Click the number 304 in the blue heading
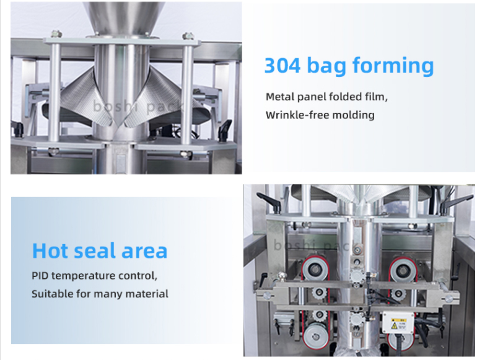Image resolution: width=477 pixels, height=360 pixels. click(x=282, y=65)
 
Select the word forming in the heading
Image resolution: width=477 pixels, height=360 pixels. click(x=393, y=66)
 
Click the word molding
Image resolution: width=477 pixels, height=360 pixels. click(x=353, y=115)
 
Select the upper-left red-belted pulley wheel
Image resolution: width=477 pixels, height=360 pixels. click(x=316, y=269)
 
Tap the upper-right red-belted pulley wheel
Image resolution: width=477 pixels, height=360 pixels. click(x=403, y=269)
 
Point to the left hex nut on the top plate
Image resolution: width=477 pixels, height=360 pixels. click(x=56, y=33)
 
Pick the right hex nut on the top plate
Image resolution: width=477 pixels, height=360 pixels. click(x=188, y=35)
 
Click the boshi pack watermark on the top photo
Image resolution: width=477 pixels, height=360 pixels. click(x=138, y=107)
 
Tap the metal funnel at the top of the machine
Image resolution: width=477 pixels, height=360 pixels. click(x=123, y=17)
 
